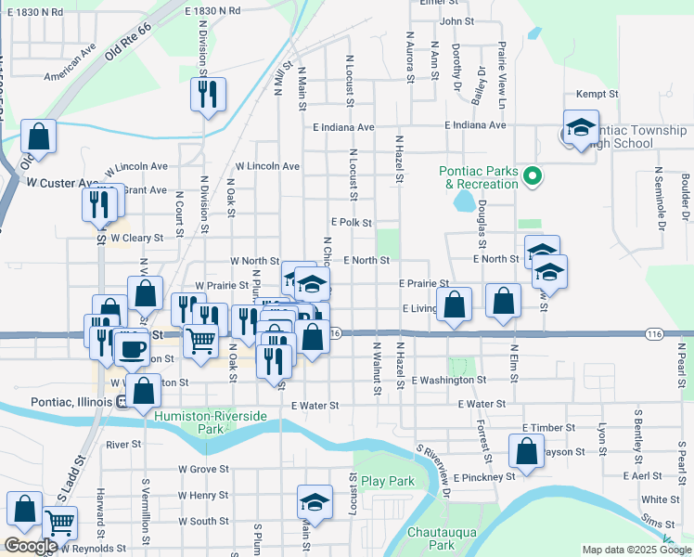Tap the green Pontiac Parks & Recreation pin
tap(532, 175)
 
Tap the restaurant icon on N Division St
tap(208, 94)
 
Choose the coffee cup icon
tap(131, 349)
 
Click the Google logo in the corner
tap(31, 546)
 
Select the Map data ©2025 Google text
tap(636, 550)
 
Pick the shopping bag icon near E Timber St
tap(526, 452)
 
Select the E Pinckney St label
tap(483, 476)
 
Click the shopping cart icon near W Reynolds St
tap(59, 524)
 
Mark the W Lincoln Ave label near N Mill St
tap(267, 166)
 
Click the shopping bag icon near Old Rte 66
tap(39, 136)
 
